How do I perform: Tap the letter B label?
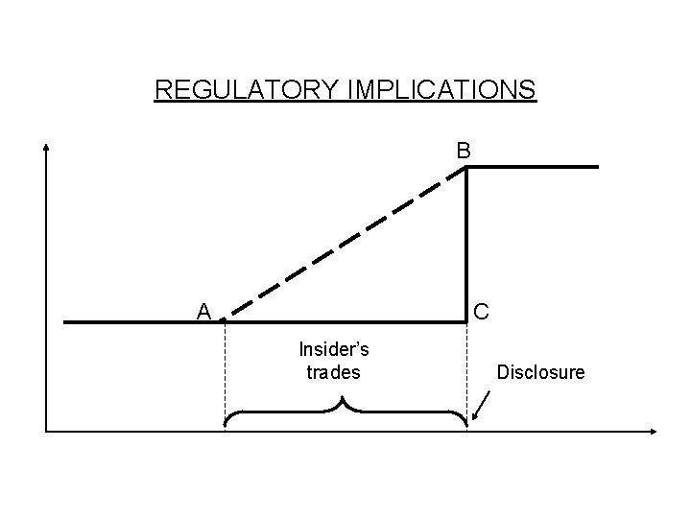click(464, 151)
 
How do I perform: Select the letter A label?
click(203, 311)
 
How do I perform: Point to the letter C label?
click(482, 311)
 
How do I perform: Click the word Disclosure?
click(540, 371)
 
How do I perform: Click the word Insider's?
click(334, 349)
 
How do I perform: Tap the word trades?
click(334, 371)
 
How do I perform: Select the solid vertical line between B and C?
click(467, 249)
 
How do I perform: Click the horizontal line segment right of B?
click(533, 167)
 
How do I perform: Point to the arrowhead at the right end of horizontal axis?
click(655, 432)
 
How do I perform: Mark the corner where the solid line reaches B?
click(467, 168)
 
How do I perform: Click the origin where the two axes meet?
click(46, 432)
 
